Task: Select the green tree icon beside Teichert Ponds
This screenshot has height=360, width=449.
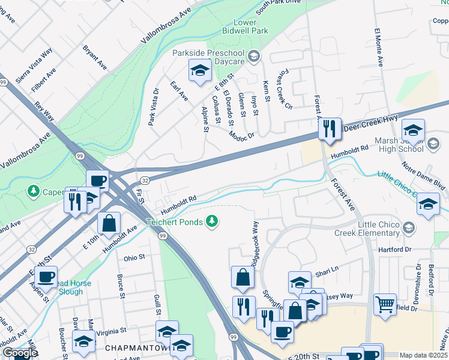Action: (x=211, y=222)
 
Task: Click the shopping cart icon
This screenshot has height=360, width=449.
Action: (x=385, y=303)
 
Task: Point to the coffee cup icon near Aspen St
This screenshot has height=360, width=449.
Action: (x=46, y=277)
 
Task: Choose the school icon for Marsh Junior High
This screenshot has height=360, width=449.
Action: (x=413, y=130)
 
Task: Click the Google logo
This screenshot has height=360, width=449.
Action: (x=20, y=353)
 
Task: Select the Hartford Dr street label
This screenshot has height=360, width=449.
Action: (x=394, y=249)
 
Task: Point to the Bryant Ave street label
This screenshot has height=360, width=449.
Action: (x=94, y=58)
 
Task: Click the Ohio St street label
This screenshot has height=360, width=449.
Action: (x=134, y=257)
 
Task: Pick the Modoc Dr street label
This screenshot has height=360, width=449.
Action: (x=243, y=136)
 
